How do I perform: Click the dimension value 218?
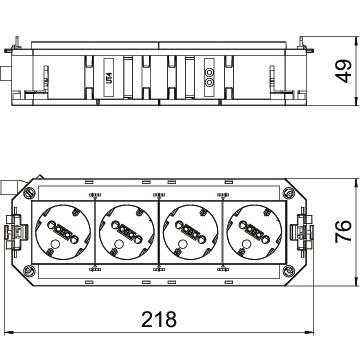pyautogui.click(x=159, y=319)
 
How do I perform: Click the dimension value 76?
pyautogui.click(x=343, y=231)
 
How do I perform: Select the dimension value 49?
pyautogui.click(x=343, y=71)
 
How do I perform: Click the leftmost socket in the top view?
pyautogui.click(x=63, y=232)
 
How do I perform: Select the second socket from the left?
pyautogui.click(x=128, y=232)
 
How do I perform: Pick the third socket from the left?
pyautogui.click(x=191, y=232)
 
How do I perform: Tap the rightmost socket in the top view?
pyautogui.click(x=254, y=232)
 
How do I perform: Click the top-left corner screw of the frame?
pyautogui.click(x=29, y=192)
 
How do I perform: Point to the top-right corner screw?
pyautogui.click(x=288, y=193)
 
